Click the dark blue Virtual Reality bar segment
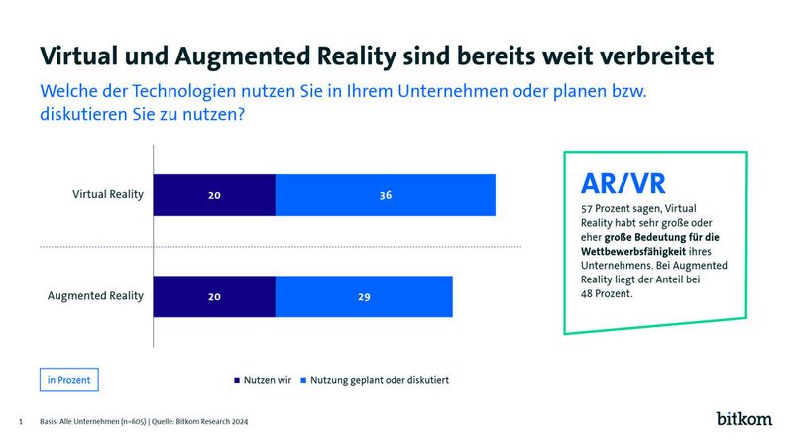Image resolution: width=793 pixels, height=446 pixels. pyautogui.click(x=214, y=195)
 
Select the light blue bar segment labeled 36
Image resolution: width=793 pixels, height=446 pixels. pyautogui.click(x=385, y=195)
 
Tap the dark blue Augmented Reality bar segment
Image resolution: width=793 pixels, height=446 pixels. pyautogui.click(x=214, y=296)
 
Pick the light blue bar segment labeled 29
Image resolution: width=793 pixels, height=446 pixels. pyautogui.click(x=364, y=296)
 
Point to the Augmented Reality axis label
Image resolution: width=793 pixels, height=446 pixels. pyautogui.click(x=96, y=296)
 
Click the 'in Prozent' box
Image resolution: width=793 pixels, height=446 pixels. pyautogui.click(x=69, y=379)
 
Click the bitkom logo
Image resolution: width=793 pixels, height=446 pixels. pyautogui.click(x=743, y=419)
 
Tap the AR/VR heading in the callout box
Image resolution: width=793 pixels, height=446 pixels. pyautogui.click(x=622, y=183)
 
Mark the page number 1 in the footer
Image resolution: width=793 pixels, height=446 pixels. pyautogui.click(x=21, y=422)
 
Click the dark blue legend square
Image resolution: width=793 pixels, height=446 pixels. pyautogui.click(x=236, y=380)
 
